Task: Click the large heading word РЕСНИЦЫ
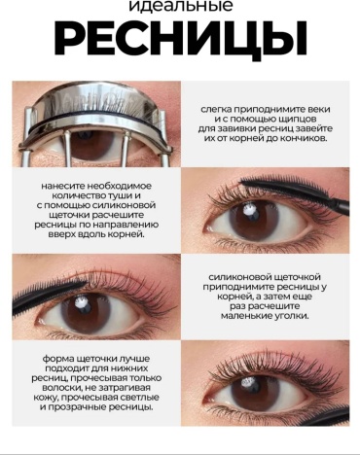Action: [x=181, y=39]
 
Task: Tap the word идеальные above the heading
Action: [x=181, y=6]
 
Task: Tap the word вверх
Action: [x=62, y=234]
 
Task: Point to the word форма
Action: [x=57, y=359]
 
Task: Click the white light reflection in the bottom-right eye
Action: [x=250, y=381]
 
